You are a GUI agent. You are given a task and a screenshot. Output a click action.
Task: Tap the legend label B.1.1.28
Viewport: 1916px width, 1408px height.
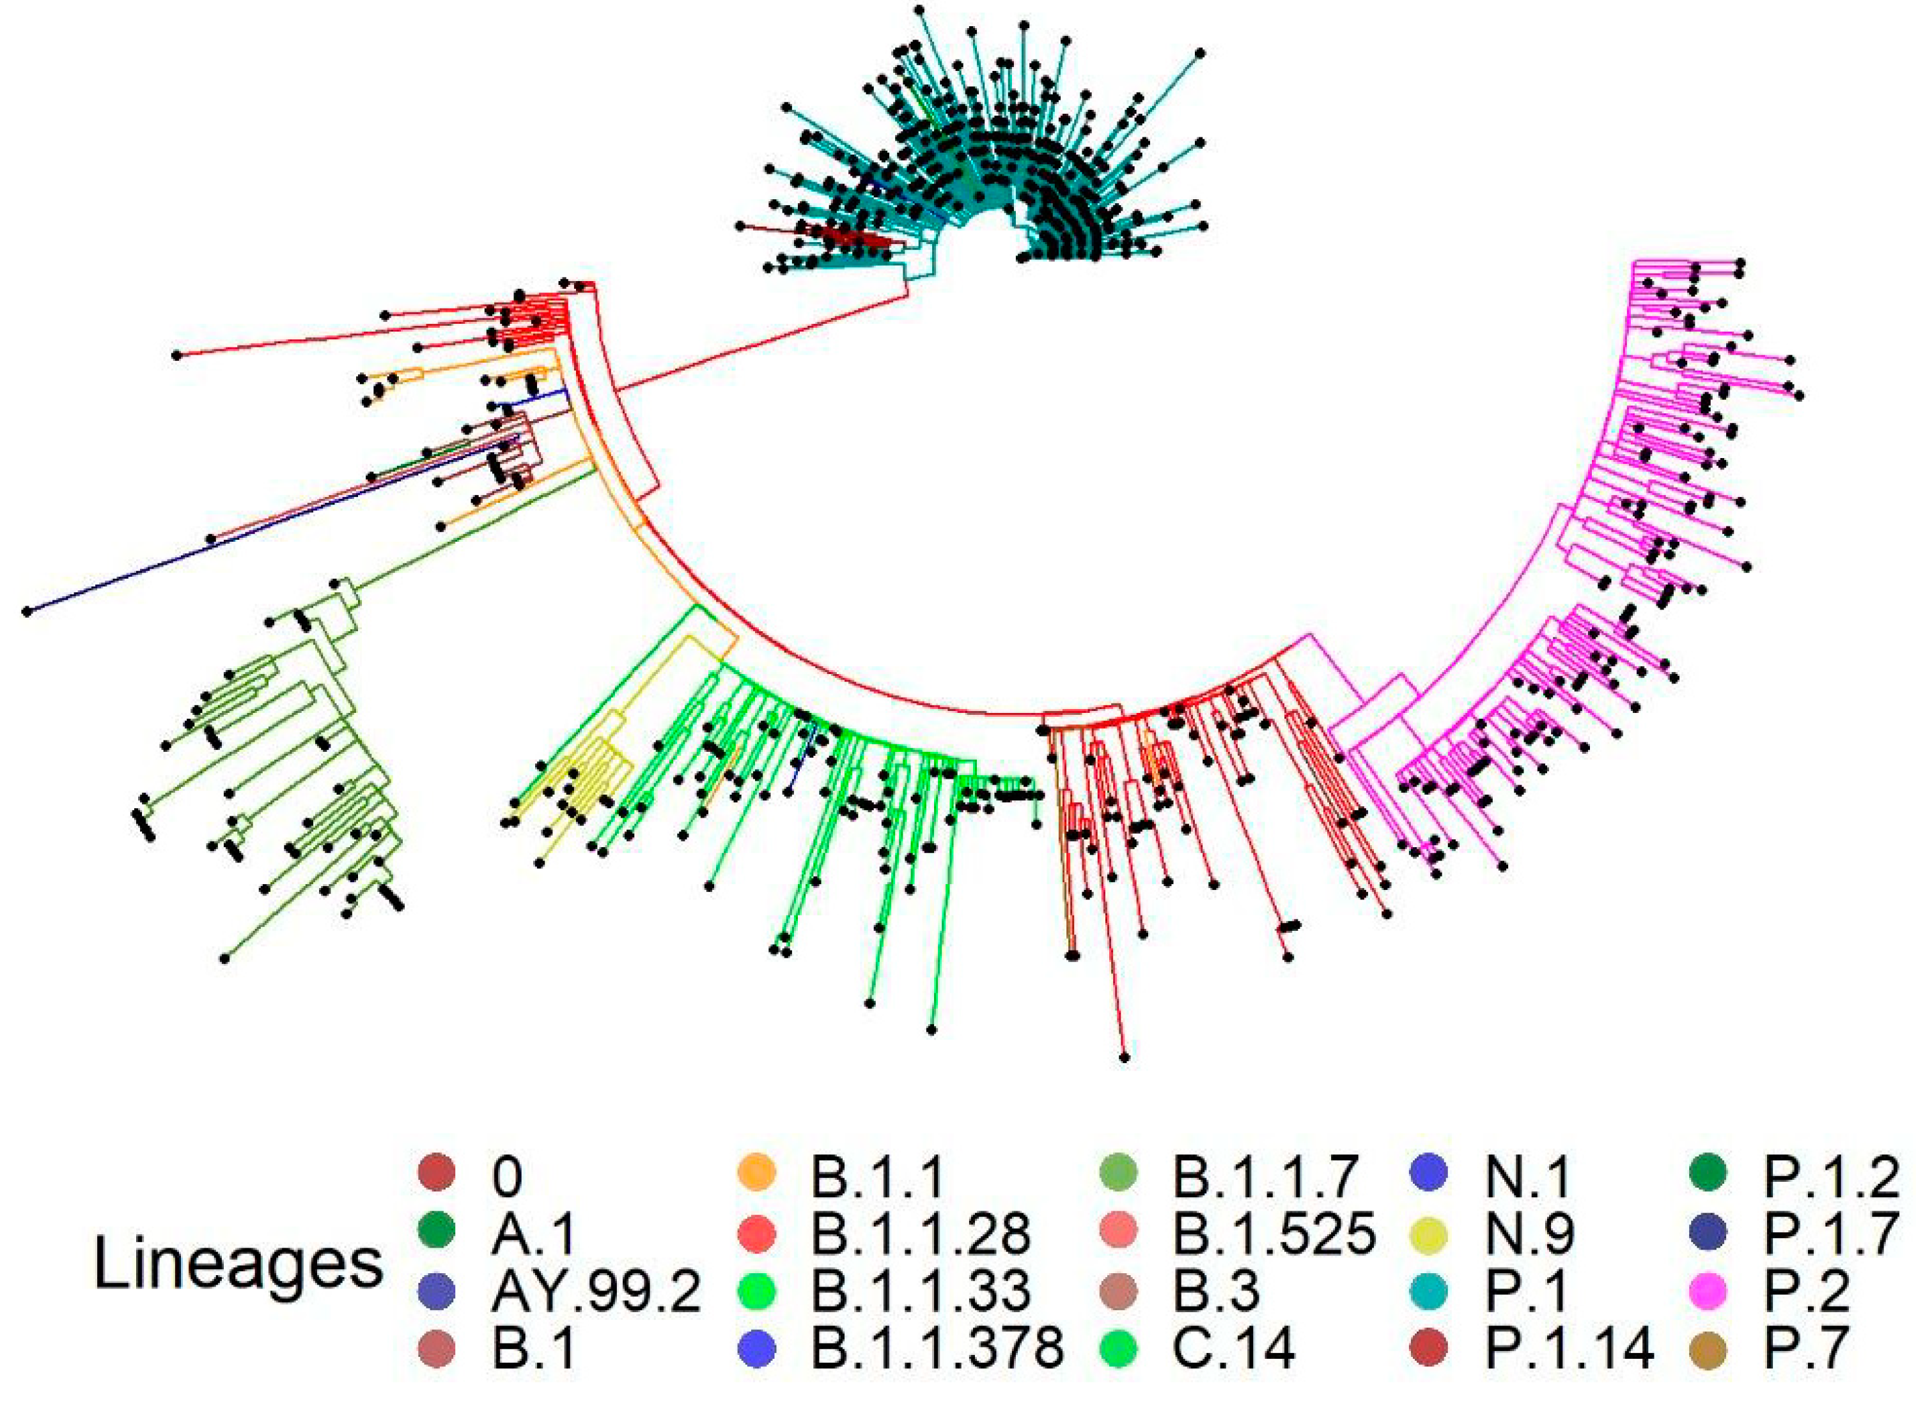pyautogui.click(x=921, y=1232)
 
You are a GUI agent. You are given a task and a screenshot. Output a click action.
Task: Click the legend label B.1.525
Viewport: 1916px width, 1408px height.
pyautogui.click(x=1275, y=1232)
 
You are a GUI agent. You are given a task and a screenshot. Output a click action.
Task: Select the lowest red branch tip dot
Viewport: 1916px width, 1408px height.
pyautogui.click(x=1125, y=1058)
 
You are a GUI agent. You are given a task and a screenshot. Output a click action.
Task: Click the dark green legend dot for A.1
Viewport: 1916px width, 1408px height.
pyautogui.click(x=437, y=1232)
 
